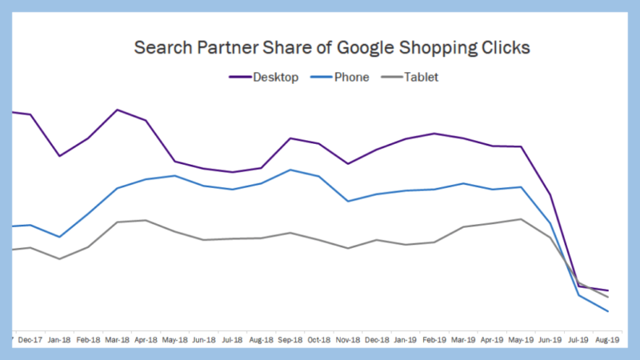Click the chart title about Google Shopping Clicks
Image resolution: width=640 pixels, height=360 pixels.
(331, 47)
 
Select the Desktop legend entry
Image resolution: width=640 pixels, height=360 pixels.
(264, 78)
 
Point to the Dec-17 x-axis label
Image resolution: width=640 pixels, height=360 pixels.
(30, 339)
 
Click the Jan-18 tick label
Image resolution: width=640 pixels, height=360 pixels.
(59, 339)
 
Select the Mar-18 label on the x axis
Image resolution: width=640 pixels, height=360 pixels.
(118, 339)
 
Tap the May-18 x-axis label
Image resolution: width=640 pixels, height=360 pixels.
(175, 339)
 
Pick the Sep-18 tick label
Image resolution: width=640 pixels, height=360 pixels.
(290, 339)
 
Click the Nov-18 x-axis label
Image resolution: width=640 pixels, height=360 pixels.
(348, 339)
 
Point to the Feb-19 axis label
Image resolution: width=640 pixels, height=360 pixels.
(434, 339)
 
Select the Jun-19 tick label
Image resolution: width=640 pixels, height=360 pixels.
(550, 339)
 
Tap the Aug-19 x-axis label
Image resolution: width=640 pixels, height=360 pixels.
(607, 339)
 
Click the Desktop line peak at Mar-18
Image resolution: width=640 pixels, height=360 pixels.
(118, 110)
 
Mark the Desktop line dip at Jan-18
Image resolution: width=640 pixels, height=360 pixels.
(59, 155)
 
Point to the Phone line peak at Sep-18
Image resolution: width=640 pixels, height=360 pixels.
(290, 170)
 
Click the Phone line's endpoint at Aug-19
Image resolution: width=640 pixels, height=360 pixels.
(608, 311)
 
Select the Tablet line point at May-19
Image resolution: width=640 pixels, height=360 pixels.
(522, 219)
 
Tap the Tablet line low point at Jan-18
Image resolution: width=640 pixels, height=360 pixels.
(59, 258)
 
